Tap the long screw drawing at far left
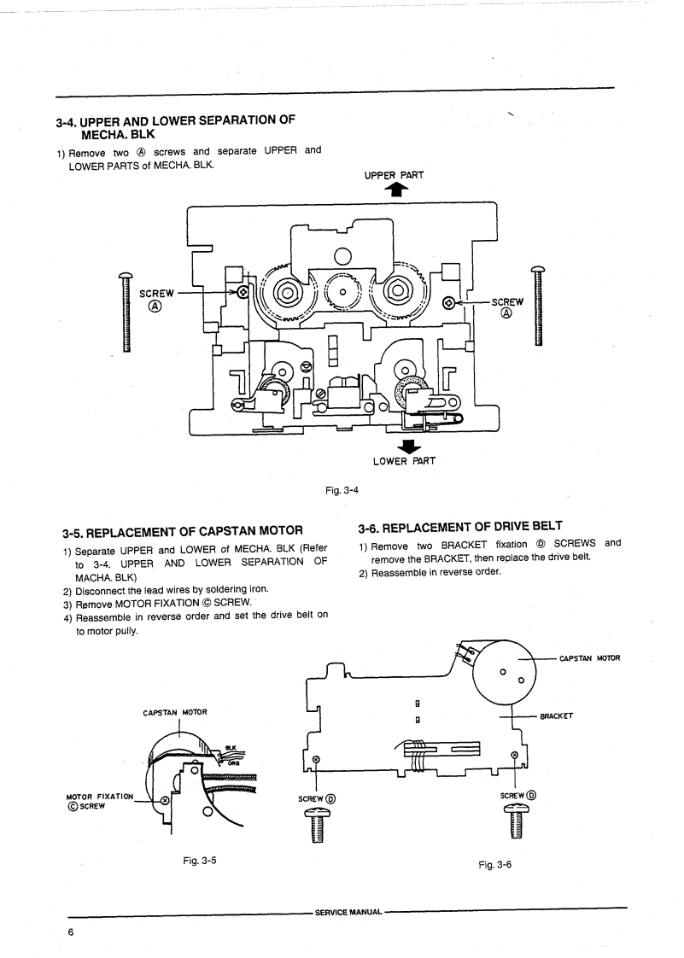click(126, 312)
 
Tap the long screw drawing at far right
click(538, 306)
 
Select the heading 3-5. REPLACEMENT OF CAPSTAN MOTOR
click(183, 532)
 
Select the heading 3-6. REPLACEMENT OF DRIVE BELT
click(460, 527)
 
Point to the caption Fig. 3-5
click(199, 861)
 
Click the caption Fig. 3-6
click(495, 865)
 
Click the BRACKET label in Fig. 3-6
click(556, 716)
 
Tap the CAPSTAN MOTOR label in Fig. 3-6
click(589, 658)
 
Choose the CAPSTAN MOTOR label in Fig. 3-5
click(175, 712)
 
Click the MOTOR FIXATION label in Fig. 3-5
click(99, 797)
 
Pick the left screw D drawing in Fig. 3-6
click(318, 826)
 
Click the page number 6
click(71, 932)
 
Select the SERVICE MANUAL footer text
click(348, 912)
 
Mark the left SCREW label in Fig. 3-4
click(156, 293)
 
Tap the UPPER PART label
click(394, 175)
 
